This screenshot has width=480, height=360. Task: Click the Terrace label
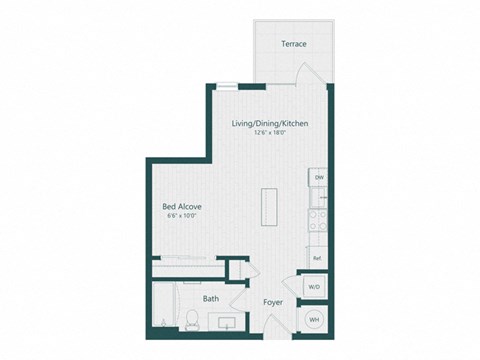(x=293, y=44)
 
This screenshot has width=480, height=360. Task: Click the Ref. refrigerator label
(x=316, y=258)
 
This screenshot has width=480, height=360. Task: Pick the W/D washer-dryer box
(x=314, y=287)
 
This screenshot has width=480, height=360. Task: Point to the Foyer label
(x=273, y=301)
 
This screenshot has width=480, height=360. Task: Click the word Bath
(x=211, y=298)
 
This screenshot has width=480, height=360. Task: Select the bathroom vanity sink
(x=226, y=322)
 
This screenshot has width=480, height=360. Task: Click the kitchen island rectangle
(x=269, y=206)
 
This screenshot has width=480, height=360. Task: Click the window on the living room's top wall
(x=229, y=86)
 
